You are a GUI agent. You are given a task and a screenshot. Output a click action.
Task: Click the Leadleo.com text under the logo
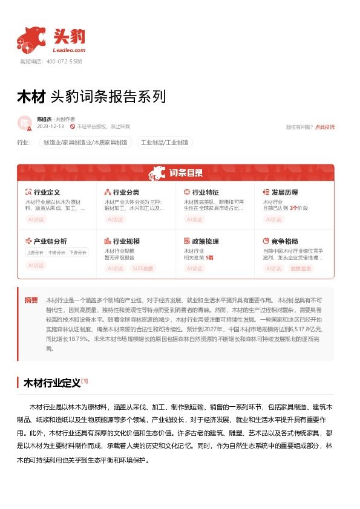coord(70,51)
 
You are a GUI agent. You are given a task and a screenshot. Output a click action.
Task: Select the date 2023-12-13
coord(50,126)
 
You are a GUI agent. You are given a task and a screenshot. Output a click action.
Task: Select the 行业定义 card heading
coord(46,192)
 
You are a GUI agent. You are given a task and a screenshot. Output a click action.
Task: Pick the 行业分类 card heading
coord(126,192)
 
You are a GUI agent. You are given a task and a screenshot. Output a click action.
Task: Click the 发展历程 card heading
coord(284,192)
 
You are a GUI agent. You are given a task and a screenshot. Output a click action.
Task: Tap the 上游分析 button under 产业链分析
coord(35,253)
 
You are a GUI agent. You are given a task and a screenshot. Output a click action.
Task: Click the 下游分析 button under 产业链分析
coord(77,253)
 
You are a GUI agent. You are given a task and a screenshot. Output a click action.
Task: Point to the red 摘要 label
coord(31,300)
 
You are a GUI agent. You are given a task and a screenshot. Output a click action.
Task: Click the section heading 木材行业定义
coord(51,383)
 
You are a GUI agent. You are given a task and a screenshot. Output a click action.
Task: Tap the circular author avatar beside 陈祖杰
coord(24,123)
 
